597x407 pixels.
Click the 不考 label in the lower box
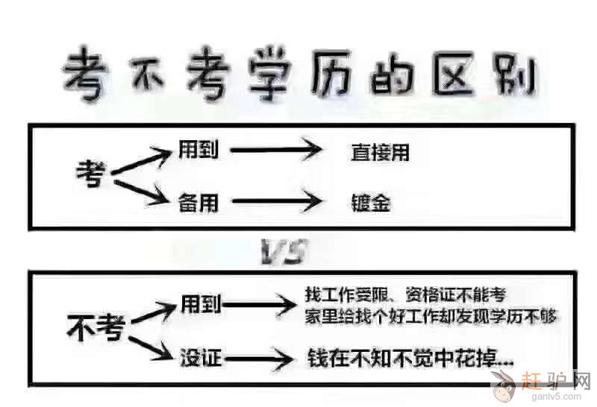pos(94,327)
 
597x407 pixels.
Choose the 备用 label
pos(198,201)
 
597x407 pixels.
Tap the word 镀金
pos(371,203)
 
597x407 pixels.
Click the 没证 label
pos(201,357)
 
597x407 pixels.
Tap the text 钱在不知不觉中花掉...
pos(410,359)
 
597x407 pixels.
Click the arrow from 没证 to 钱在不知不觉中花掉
pos(258,359)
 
